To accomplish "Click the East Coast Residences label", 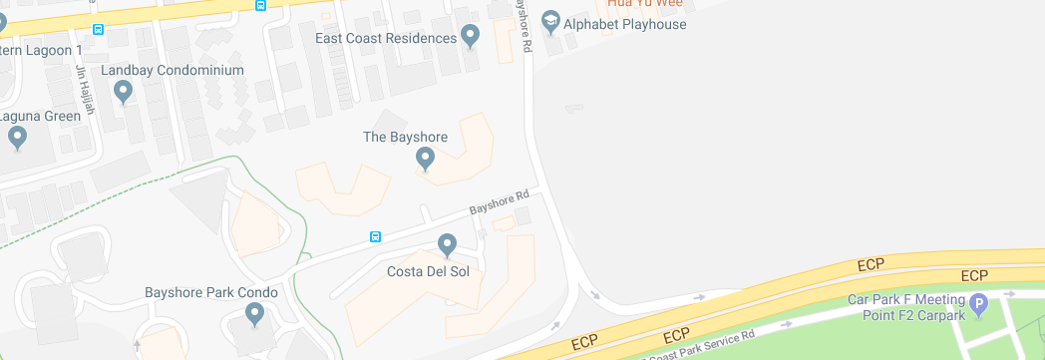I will [385, 38].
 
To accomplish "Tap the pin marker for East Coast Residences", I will [471, 37].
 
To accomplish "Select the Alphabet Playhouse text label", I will [625, 23].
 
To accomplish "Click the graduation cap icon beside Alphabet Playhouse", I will [550, 21].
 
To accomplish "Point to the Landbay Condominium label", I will [174, 71].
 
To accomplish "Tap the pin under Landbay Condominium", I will [124, 92].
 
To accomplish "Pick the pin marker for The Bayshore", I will [426, 159].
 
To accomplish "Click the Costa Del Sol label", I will [428, 270].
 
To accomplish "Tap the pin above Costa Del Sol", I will [447, 243].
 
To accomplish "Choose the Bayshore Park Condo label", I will [210, 293].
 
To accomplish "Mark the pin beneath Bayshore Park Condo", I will [254, 315].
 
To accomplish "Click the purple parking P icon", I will [979, 305].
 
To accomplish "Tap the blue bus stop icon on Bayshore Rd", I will [375, 237].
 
